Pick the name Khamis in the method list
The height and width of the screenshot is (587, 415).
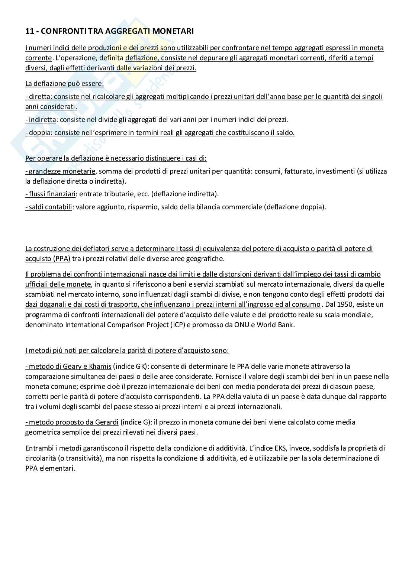pyautogui.click(x=99, y=367)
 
